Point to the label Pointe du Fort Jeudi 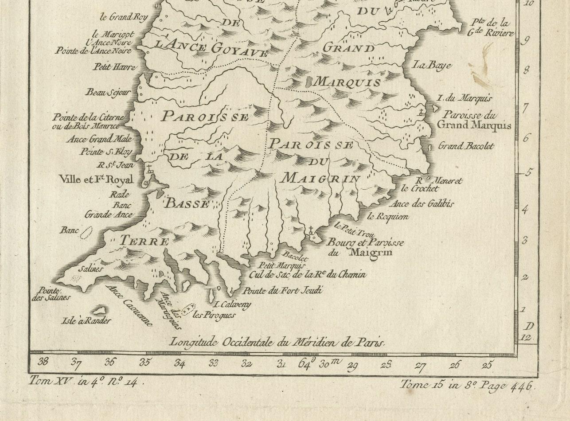pos(283,291)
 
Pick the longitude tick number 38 pos(43,362)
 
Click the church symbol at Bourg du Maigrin pos(312,231)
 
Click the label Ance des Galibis pos(421,204)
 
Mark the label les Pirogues pos(214,315)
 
